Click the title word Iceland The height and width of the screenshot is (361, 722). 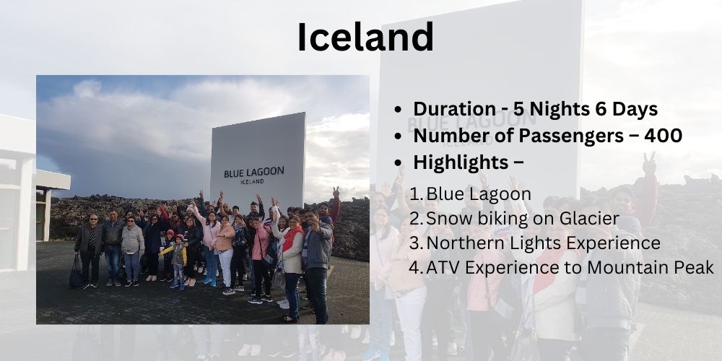point(365,37)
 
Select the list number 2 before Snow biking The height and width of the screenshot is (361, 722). point(416,219)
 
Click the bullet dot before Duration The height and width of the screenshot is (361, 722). point(398,110)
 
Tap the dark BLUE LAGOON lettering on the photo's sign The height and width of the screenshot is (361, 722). point(254,173)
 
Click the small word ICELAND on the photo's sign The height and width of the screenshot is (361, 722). point(252,182)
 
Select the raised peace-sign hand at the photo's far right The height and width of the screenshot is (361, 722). point(336,192)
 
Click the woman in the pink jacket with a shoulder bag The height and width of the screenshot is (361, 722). point(260,258)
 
